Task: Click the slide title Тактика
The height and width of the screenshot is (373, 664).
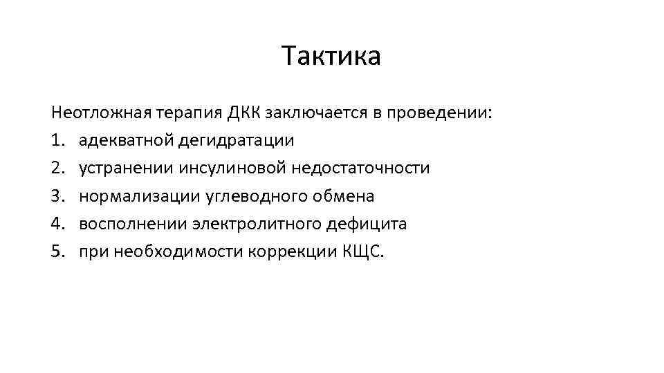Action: (331, 56)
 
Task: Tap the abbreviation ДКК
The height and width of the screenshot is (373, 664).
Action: (242, 112)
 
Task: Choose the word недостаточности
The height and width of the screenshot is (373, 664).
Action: (361, 168)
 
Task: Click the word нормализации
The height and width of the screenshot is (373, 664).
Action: (140, 196)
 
